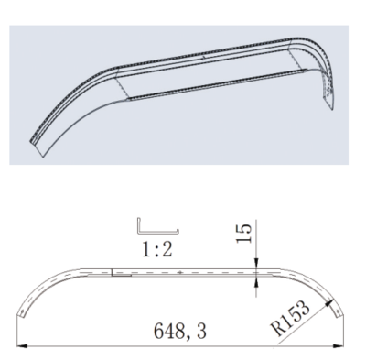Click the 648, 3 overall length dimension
pyautogui.click(x=180, y=331)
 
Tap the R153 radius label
pyautogui.click(x=290, y=318)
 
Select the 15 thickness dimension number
pyautogui.click(x=244, y=234)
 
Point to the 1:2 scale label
pyautogui.click(x=157, y=250)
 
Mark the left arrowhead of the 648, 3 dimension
pyautogui.click(x=22, y=346)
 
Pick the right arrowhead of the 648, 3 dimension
pyautogui.click(x=338, y=346)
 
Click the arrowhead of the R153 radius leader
pyautogui.click(x=328, y=302)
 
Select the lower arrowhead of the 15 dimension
pyautogui.click(x=256, y=281)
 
